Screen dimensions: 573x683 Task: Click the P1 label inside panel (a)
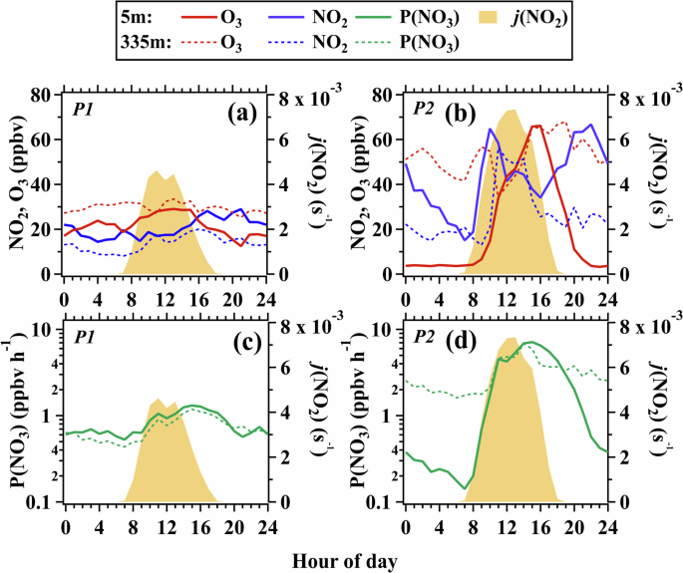[x=78, y=106]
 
